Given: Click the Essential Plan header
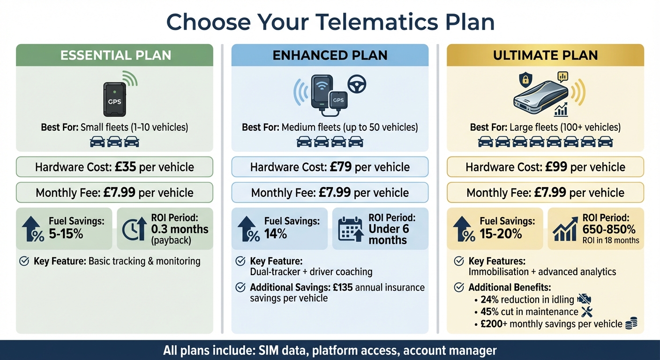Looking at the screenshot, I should [x=115, y=55].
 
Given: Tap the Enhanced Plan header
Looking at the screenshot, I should [x=330, y=55].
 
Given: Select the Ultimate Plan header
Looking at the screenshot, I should [x=545, y=55].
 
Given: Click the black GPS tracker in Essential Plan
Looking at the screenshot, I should [x=115, y=99].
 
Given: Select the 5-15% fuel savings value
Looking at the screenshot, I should [x=66, y=233].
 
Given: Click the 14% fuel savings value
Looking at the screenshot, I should [x=276, y=233].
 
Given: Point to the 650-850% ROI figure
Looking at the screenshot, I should [x=609, y=230].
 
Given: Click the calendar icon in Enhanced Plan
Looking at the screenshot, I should [x=350, y=228].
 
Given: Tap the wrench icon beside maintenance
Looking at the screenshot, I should [x=586, y=312].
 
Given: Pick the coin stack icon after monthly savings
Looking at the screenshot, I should [x=631, y=323].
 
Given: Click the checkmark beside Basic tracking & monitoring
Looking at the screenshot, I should [x=24, y=261].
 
